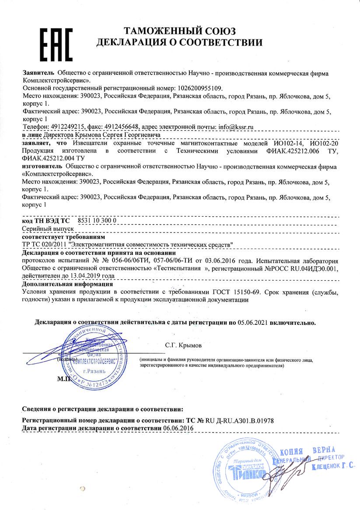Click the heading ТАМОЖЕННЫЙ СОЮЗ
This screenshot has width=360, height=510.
coord(180,31)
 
